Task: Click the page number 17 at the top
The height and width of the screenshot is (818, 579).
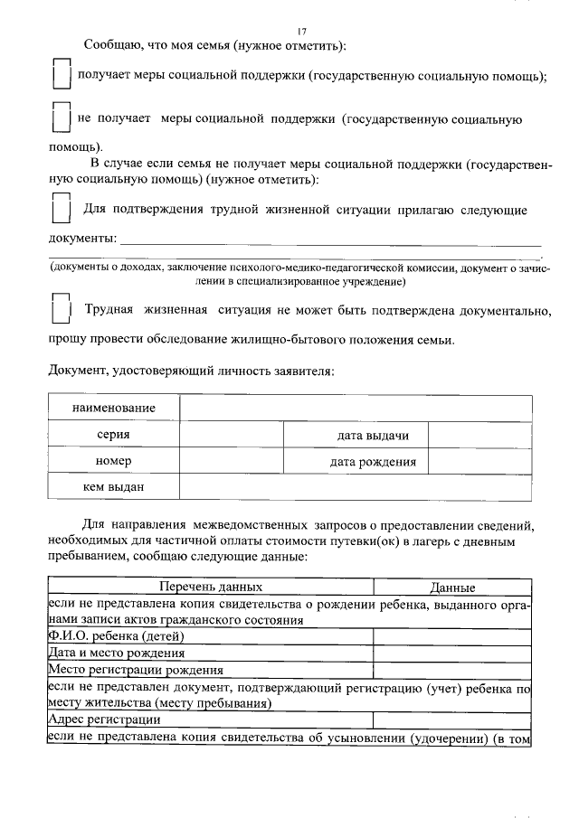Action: [302, 30]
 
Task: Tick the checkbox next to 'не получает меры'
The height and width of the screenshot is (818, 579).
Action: [61, 120]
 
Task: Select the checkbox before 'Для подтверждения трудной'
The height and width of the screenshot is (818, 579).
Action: [61, 208]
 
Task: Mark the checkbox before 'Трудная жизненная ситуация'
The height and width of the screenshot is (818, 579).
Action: [61, 310]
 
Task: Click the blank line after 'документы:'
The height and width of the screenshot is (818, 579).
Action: [330, 239]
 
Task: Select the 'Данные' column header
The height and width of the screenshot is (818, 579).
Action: [452, 587]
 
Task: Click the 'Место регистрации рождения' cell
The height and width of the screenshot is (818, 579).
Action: [135, 670]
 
